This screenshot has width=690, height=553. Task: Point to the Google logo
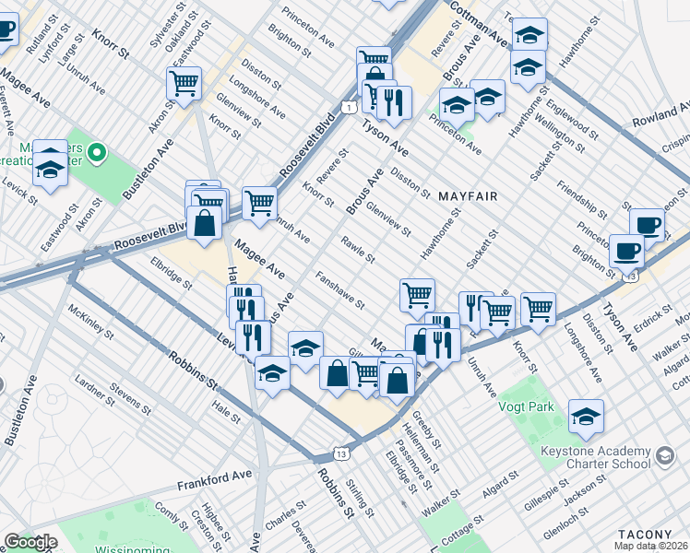click(30, 542)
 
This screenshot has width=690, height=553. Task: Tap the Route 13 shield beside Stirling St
click(343, 454)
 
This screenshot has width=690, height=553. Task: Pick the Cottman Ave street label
click(480, 26)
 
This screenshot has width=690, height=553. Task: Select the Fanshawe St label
click(339, 288)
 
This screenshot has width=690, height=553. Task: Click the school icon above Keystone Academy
click(586, 417)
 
